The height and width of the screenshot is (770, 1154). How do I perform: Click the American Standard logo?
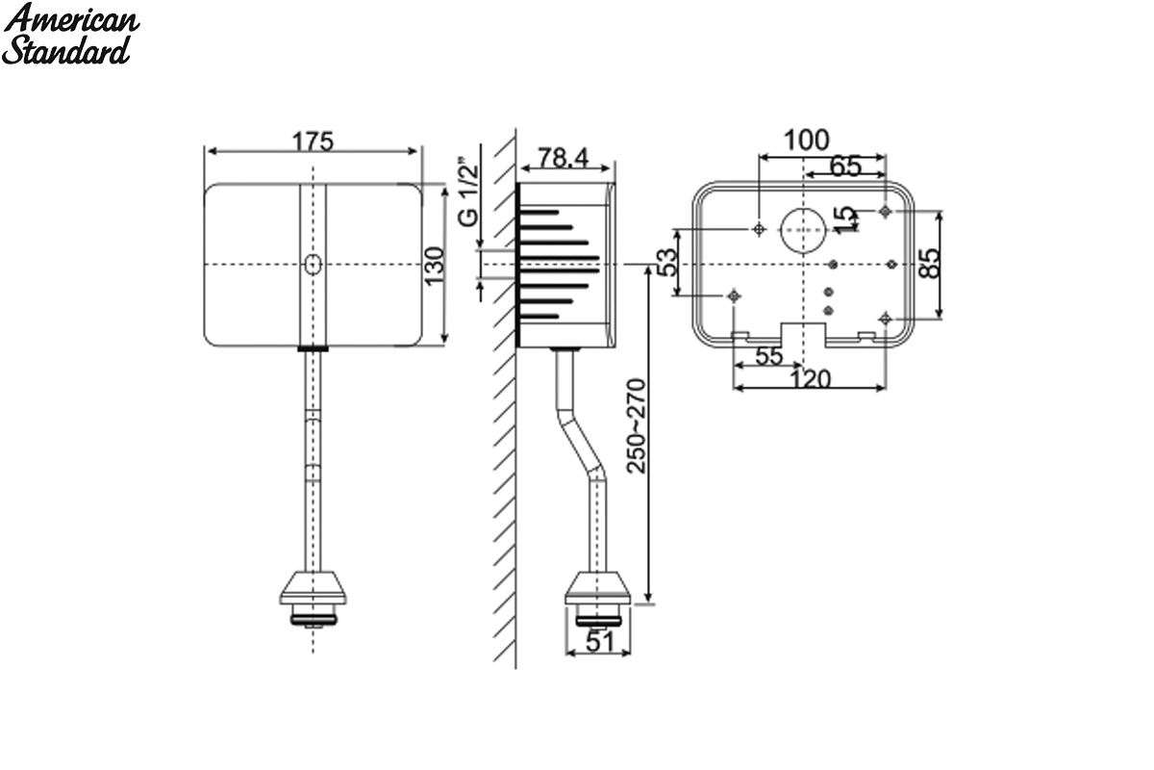[x=70, y=34]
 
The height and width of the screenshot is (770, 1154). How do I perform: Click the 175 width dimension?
[x=313, y=141]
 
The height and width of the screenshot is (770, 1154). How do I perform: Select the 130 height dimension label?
[x=435, y=265]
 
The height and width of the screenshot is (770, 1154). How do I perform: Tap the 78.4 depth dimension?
[x=563, y=158]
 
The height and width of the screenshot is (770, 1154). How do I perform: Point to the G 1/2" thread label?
[x=468, y=195]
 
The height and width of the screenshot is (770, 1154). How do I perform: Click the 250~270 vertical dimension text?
[x=636, y=426]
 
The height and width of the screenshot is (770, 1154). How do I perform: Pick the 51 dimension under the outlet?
[x=600, y=642]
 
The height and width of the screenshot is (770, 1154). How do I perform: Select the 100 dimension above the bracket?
[x=806, y=140]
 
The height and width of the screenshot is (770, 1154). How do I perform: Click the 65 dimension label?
[x=845, y=167]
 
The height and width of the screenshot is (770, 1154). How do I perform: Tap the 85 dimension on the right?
[x=929, y=264]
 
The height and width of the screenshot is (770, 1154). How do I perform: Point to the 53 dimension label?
[x=666, y=262]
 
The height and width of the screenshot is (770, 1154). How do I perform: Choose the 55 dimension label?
[x=769, y=356]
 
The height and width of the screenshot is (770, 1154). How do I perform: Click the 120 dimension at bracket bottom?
[x=811, y=379]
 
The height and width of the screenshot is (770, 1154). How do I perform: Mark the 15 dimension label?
[x=845, y=219]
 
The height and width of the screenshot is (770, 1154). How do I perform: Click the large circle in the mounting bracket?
[x=803, y=231]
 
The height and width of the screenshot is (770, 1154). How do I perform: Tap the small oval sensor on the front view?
[x=313, y=265]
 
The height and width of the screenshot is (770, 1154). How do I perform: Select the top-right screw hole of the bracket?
[x=885, y=212]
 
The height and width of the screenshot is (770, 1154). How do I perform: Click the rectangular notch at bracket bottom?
[x=804, y=334]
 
